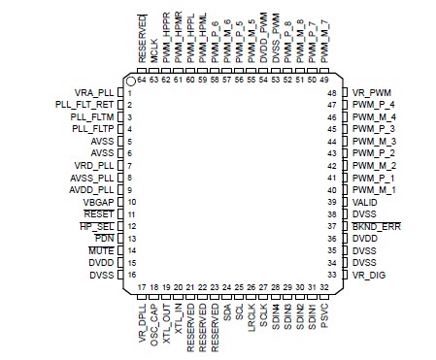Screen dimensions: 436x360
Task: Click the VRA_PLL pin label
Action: coord(89,92)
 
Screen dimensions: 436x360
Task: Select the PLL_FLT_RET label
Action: coord(79,105)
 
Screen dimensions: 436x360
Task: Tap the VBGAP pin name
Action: coord(94,202)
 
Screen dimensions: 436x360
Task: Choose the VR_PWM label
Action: coord(373,92)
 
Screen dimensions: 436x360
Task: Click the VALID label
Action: coord(366,202)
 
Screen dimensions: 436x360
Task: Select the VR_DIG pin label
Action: coord(370,275)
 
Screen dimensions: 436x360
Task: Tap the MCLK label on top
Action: coord(154,54)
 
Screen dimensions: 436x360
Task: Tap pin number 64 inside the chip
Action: coord(143,81)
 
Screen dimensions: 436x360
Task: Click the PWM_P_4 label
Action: coord(374,105)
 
